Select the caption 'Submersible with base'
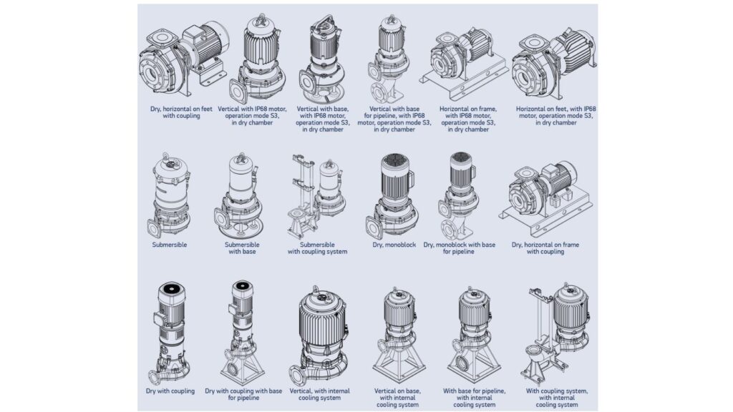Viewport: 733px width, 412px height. tap(238, 247)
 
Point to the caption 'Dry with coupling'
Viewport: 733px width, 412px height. tap(169, 391)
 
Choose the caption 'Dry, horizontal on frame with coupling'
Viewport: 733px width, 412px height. tap(545, 247)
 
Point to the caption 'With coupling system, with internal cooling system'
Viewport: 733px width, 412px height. tap(557, 398)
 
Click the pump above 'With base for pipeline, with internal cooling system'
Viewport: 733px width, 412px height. tap(473, 333)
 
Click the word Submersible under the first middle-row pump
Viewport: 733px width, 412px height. tap(170, 244)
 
